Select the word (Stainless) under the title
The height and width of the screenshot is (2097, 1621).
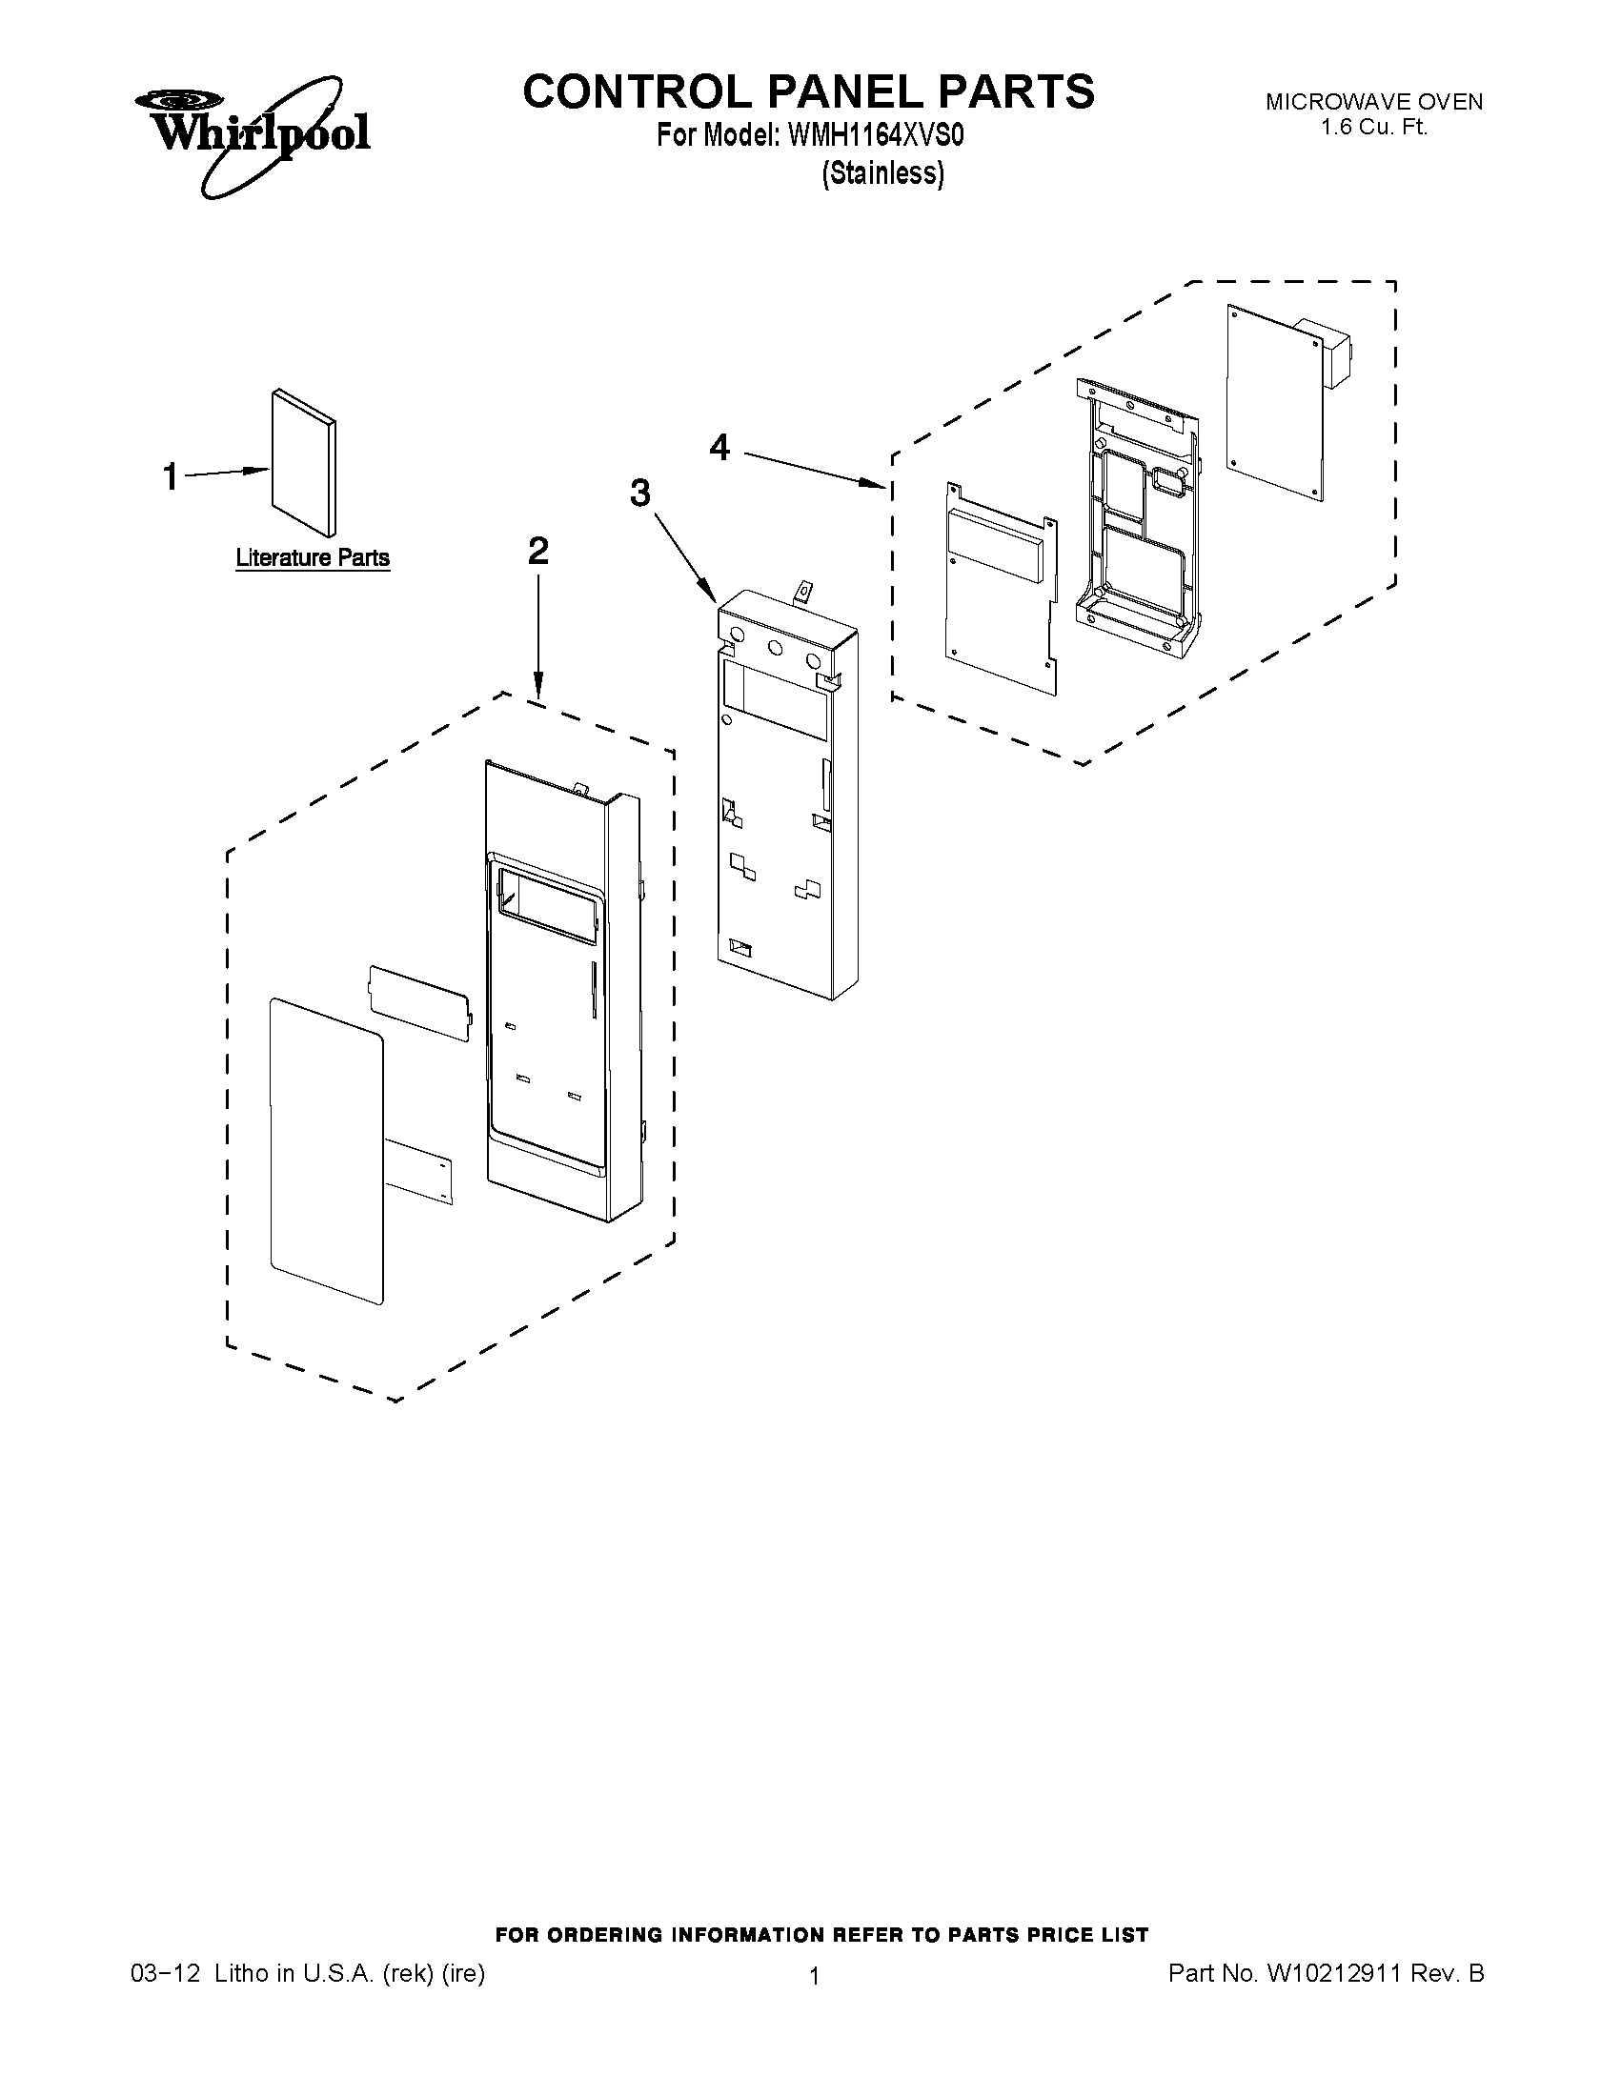pos(882,172)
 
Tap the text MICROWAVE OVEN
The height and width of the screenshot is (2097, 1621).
pos(1373,102)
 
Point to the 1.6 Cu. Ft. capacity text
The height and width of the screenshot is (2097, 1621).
pos(1373,127)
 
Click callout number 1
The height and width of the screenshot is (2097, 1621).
pos(170,477)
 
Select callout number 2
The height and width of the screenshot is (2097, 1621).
pos(537,551)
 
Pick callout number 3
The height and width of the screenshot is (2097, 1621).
pos(639,494)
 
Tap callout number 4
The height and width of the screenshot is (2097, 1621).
pos(719,447)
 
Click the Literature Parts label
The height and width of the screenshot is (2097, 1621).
pos(314,558)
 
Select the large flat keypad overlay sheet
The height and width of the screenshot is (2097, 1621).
pos(327,1152)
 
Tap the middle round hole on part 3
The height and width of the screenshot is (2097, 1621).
pos(776,648)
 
